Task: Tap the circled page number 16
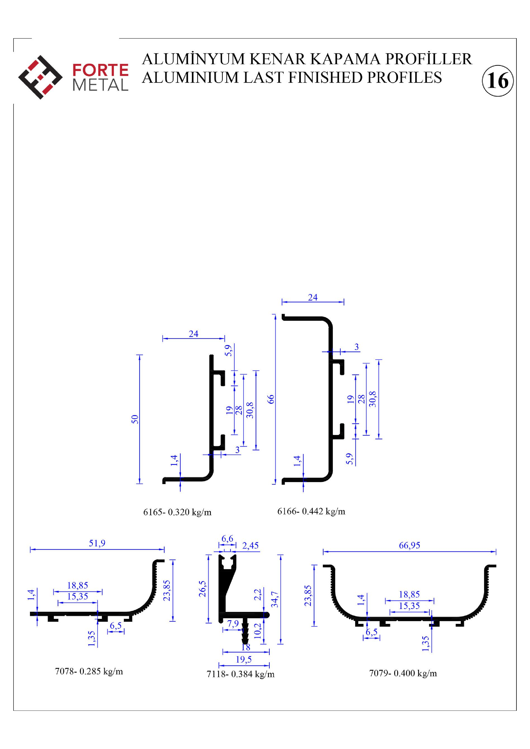(497, 80)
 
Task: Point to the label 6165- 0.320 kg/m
(177, 512)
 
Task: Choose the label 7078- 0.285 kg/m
(89, 671)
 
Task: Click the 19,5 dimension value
(244, 659)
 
